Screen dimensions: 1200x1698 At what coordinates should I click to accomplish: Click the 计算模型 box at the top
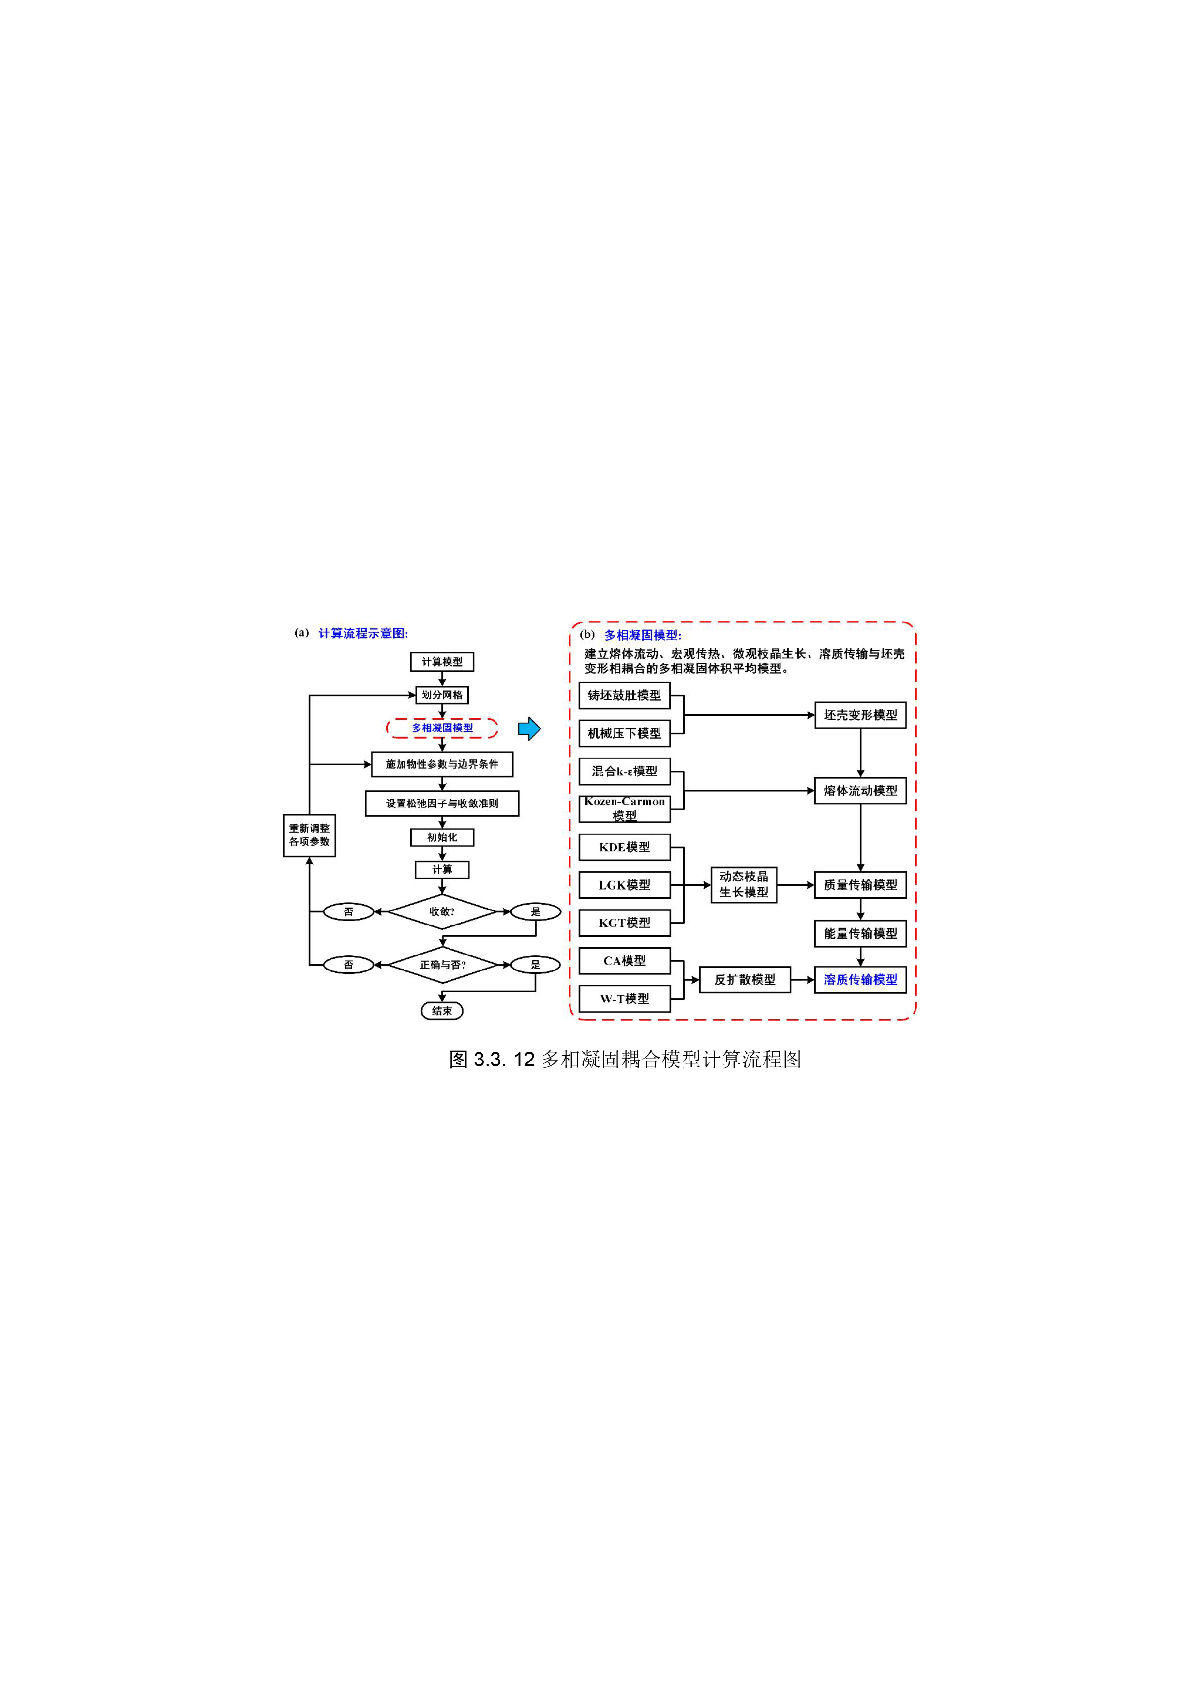tap(442, 662)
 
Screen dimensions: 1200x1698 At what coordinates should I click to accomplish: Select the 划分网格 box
tap(442, 695)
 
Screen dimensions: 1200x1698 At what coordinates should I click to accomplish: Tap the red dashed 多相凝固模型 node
tap(442, 728)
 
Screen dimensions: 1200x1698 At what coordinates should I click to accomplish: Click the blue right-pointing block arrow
tap(529, 728)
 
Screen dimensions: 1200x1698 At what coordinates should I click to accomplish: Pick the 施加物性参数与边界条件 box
tap(442, 765)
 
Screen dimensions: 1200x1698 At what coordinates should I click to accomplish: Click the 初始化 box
tap(442, 837)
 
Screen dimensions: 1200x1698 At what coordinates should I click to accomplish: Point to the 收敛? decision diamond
tap(442, 912)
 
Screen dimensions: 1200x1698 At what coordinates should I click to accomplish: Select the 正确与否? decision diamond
tap(442, 965)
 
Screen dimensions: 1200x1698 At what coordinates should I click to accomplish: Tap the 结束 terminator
tap(442, 1011)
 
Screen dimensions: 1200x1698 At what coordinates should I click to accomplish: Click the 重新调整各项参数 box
tap(309, 835)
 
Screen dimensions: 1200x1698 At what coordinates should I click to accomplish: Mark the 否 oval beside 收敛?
tap(348, 912)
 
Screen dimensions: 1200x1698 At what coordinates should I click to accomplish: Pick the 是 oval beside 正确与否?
tap(535, 965)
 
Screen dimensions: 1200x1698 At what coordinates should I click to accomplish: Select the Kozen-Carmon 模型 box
tap(624, 809)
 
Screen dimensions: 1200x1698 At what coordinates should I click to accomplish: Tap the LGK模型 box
tap(624, 885)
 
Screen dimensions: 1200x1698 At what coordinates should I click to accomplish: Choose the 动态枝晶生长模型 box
tap(744, 885)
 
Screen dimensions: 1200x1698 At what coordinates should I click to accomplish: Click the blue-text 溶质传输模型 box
tap(861, 980)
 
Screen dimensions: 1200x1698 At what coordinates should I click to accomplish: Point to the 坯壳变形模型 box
tap(861, 715)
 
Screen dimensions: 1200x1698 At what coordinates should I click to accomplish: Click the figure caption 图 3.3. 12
tap(492, 1060)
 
